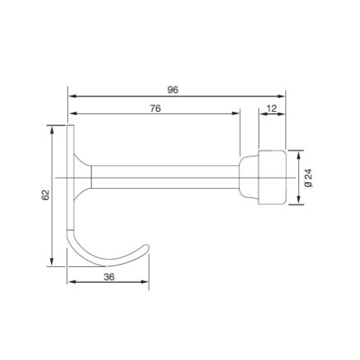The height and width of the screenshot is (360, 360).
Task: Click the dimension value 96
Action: pyautogui.click(x=173, y=90)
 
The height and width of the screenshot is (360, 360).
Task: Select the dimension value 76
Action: pyautogui.click(x=155, y=108)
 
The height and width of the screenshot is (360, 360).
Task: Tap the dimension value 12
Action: pyautogui.click(x=271, y=108)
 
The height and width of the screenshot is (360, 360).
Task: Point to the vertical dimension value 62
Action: pyautogui.click(x=45, y=195)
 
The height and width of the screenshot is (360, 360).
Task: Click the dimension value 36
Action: pyautogui.click(x=108, y=277)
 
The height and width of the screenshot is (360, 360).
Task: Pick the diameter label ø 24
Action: pyautogui.click(x=309, y=178)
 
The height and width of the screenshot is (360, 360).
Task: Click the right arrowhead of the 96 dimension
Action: pyautogui.click(x=281, y=96)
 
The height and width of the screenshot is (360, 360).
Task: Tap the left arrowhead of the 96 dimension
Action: pyautogui.click(x=72, y=96)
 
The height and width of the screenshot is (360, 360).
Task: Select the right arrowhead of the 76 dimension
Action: pyautogui.click(x=236, y=113)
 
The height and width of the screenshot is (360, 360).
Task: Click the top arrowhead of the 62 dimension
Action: pyautogui.click(x=52, y=130)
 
